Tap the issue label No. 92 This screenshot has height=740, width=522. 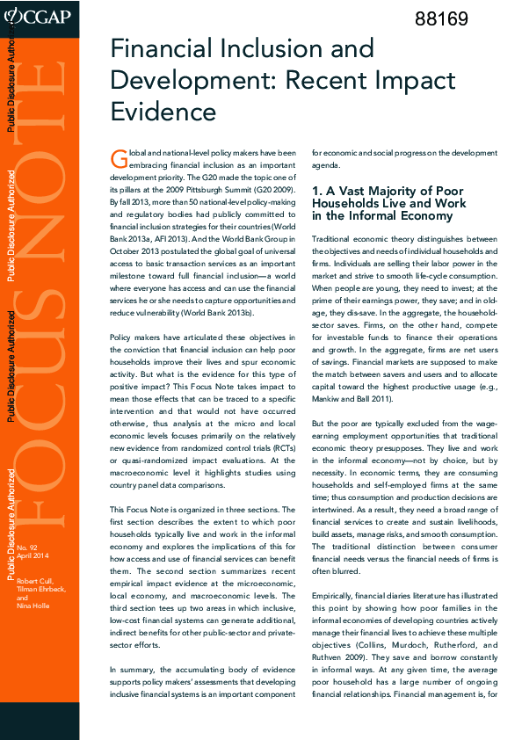pos(26,548)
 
